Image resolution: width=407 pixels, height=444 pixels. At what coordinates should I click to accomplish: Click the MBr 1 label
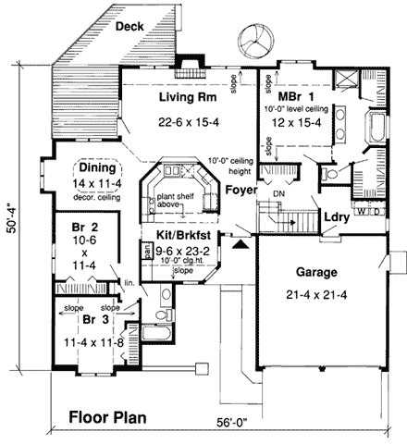297,95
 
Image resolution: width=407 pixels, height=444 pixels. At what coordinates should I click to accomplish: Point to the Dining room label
97,168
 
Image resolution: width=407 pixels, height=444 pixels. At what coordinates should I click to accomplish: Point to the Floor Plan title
107,416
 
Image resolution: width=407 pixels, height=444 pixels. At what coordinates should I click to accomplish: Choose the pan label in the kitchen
146,249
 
